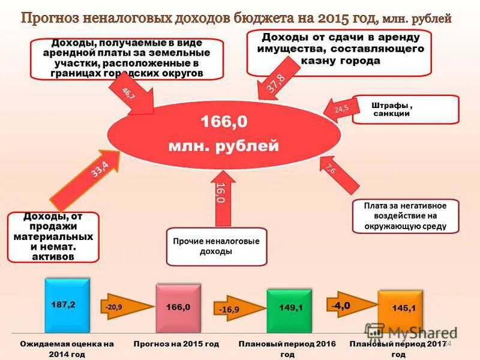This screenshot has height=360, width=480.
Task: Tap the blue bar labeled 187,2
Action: pyautogui.click(x=67, y=305)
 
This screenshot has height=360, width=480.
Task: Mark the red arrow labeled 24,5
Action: pyautogui.click(x=338, y=109)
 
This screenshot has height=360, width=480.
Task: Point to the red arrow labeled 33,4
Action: pyautogui.click(x=90, y=180)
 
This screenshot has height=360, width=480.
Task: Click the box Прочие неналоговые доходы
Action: pyautogui.click(x=216, y=246)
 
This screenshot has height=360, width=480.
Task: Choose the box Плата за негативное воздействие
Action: pyautogui.click(x=405, y=216)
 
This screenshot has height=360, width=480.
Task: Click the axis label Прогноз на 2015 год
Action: pyautogui.click(x=176, y=344)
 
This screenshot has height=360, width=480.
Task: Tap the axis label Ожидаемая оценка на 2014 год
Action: pyautogui.click(x=67, y=349)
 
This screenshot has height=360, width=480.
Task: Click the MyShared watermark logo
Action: pyautogui.click(x=410, y=332)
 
